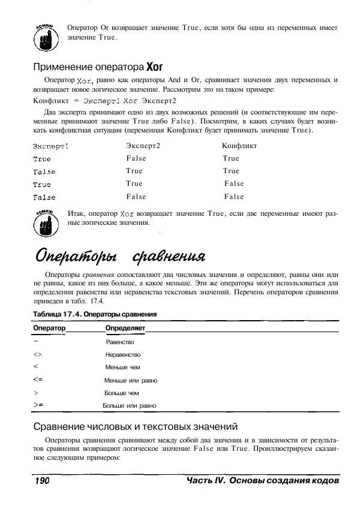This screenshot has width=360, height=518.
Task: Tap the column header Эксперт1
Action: tap(51, 146)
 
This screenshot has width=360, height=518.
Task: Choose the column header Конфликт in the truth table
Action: tap(239, 146)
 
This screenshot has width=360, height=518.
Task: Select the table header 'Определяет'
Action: tap(125, 329)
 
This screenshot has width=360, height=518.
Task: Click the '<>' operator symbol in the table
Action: tap(38, 354)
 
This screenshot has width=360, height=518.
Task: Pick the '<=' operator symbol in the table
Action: tap(39, 380)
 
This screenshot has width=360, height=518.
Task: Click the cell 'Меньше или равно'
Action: tap(131, 380)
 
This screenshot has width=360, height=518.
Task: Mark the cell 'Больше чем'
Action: tap(121, 393)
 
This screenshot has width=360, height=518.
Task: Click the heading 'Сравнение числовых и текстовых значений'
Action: tap(136, 427)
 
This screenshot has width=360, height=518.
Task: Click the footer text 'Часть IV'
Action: tap(205, 481)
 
